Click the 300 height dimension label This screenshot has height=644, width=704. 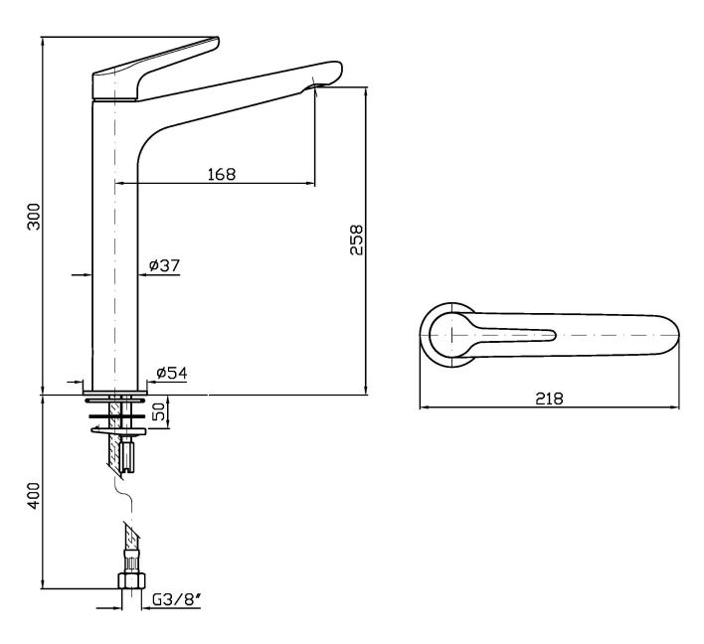click(x=34, y=218)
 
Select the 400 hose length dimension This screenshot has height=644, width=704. click(x=33, y=494)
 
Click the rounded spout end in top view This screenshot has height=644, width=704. click(x=666, y=338)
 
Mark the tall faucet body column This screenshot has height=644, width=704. click(x=115, y=248)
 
